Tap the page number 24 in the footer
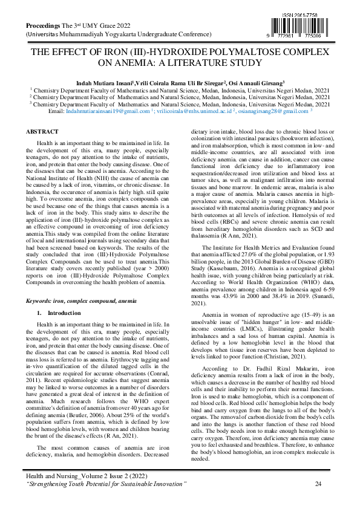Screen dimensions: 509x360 pyautogui.click(x=318, y=483)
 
